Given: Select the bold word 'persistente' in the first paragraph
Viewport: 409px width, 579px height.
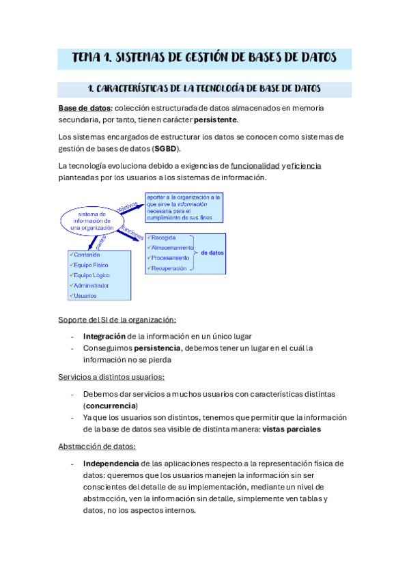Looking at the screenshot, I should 216,120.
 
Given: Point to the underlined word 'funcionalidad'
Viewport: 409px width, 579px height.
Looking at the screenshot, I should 255,166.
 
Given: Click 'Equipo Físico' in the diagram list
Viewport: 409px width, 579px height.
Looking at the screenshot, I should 91,265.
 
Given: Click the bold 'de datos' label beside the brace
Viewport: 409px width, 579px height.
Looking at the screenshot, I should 212,253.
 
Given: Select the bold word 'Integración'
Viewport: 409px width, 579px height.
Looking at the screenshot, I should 104,336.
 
